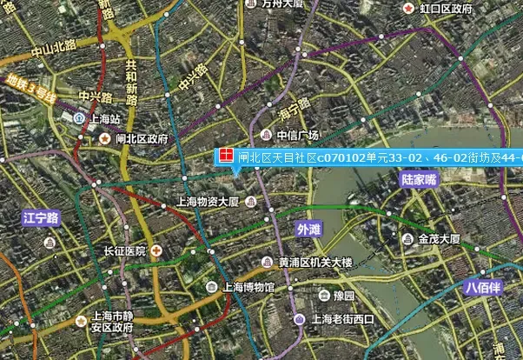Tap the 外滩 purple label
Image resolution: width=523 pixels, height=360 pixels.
click(308, 230)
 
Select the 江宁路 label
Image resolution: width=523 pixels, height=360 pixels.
click(40, 217)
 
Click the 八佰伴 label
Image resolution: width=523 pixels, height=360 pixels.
click(484, 286)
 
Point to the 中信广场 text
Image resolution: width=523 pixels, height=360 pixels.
click(298, 135)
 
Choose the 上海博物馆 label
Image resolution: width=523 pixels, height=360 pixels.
click(248, 287)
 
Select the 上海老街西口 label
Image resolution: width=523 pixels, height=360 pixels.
click(341, 319)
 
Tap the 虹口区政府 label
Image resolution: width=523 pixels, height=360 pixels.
click(446, 9)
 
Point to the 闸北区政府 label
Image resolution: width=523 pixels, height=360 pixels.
click(141, 137)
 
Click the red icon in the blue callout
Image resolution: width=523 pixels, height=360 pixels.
click(225, 157)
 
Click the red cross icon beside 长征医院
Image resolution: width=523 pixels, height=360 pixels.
click(156, 250)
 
